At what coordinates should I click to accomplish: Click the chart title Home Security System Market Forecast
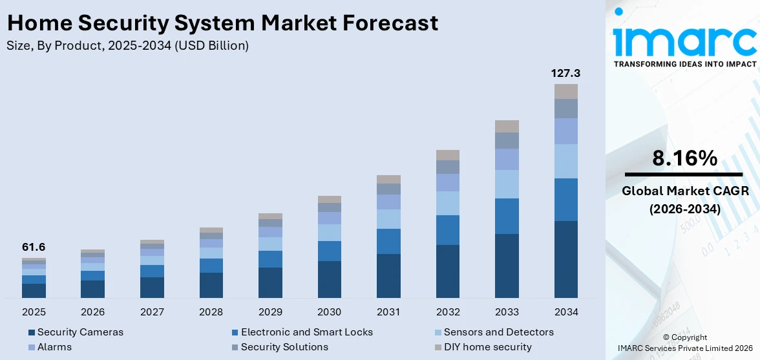point(222,23)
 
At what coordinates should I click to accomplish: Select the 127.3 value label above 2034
point(565,73)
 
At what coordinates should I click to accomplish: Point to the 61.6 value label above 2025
point(34,247)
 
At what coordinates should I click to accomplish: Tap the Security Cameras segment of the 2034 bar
point(565,259)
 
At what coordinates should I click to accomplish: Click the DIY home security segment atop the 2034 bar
point(565,91)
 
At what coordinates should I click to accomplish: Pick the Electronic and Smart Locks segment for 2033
point(507,216)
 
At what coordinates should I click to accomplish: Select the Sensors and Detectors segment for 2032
point(447,203)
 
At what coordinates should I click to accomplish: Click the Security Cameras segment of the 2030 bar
point(329,279)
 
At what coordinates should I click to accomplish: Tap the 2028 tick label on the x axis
point(211,312)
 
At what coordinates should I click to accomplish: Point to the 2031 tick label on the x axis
point(388,312)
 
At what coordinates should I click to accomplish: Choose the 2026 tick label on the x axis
point(93,312)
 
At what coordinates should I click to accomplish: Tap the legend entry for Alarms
point(54,347)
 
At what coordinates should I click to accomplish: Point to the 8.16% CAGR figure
point(684,158)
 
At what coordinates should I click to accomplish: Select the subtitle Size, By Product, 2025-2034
point(127,46)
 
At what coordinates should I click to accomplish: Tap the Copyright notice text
point(684,337)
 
